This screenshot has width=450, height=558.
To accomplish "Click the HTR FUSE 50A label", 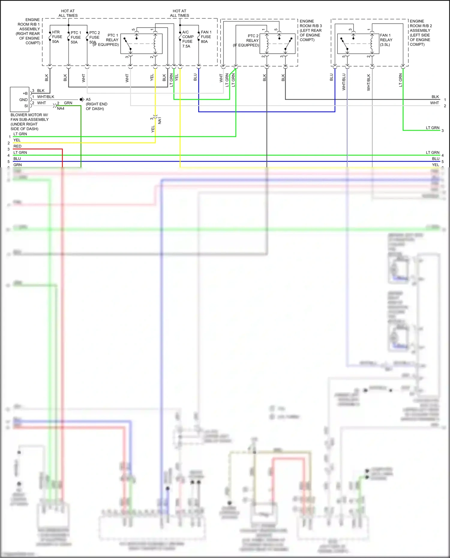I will [57, 37].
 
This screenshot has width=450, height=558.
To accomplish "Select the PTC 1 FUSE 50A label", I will [76, 37].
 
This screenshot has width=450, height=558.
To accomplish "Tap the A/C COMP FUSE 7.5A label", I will [187, 39].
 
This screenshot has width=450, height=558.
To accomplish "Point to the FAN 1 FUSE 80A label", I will [206, 37].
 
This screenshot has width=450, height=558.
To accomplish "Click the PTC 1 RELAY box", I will [141, 44].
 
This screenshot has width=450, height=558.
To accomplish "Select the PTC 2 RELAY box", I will [277, 44].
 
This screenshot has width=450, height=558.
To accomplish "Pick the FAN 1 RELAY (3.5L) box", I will [358, 44].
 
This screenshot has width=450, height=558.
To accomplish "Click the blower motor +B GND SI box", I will [19, 100].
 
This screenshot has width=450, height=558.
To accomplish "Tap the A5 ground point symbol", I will [81, 99].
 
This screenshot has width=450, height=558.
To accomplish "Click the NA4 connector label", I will [61, 109].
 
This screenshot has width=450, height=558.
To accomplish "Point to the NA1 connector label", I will [160, 121].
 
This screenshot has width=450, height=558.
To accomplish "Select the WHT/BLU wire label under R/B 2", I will [344, 82].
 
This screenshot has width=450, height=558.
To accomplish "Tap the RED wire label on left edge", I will [17, 146].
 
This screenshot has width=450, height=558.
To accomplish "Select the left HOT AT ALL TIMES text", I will [68, 13].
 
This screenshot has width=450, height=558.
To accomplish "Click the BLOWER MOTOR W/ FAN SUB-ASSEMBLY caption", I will [29, 122].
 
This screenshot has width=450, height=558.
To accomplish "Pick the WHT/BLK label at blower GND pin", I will [46, 97].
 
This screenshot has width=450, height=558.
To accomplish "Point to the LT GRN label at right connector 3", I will [432, 128].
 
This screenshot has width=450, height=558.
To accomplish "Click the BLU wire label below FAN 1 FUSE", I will [195, 77].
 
